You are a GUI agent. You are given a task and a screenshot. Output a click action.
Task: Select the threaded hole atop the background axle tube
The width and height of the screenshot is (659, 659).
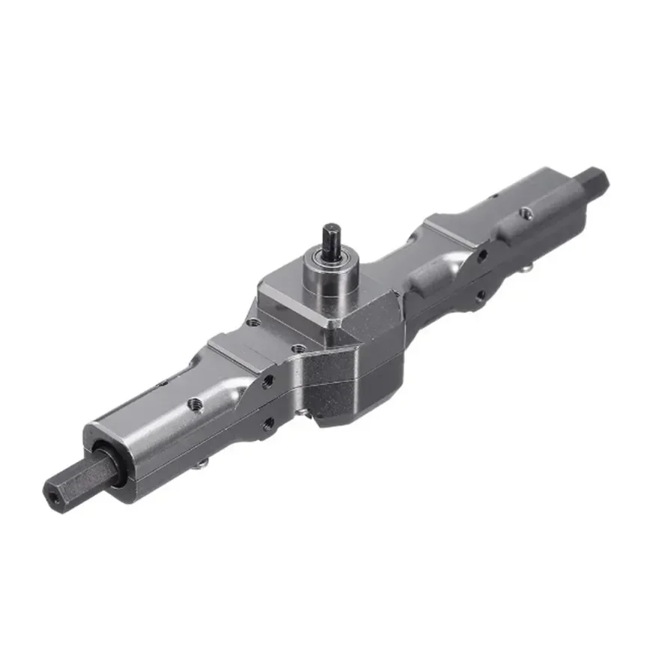527,213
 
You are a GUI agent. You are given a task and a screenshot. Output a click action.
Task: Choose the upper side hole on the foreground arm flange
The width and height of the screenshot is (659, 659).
267,381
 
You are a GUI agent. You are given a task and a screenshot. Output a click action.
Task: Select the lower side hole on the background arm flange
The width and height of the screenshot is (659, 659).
480,295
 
